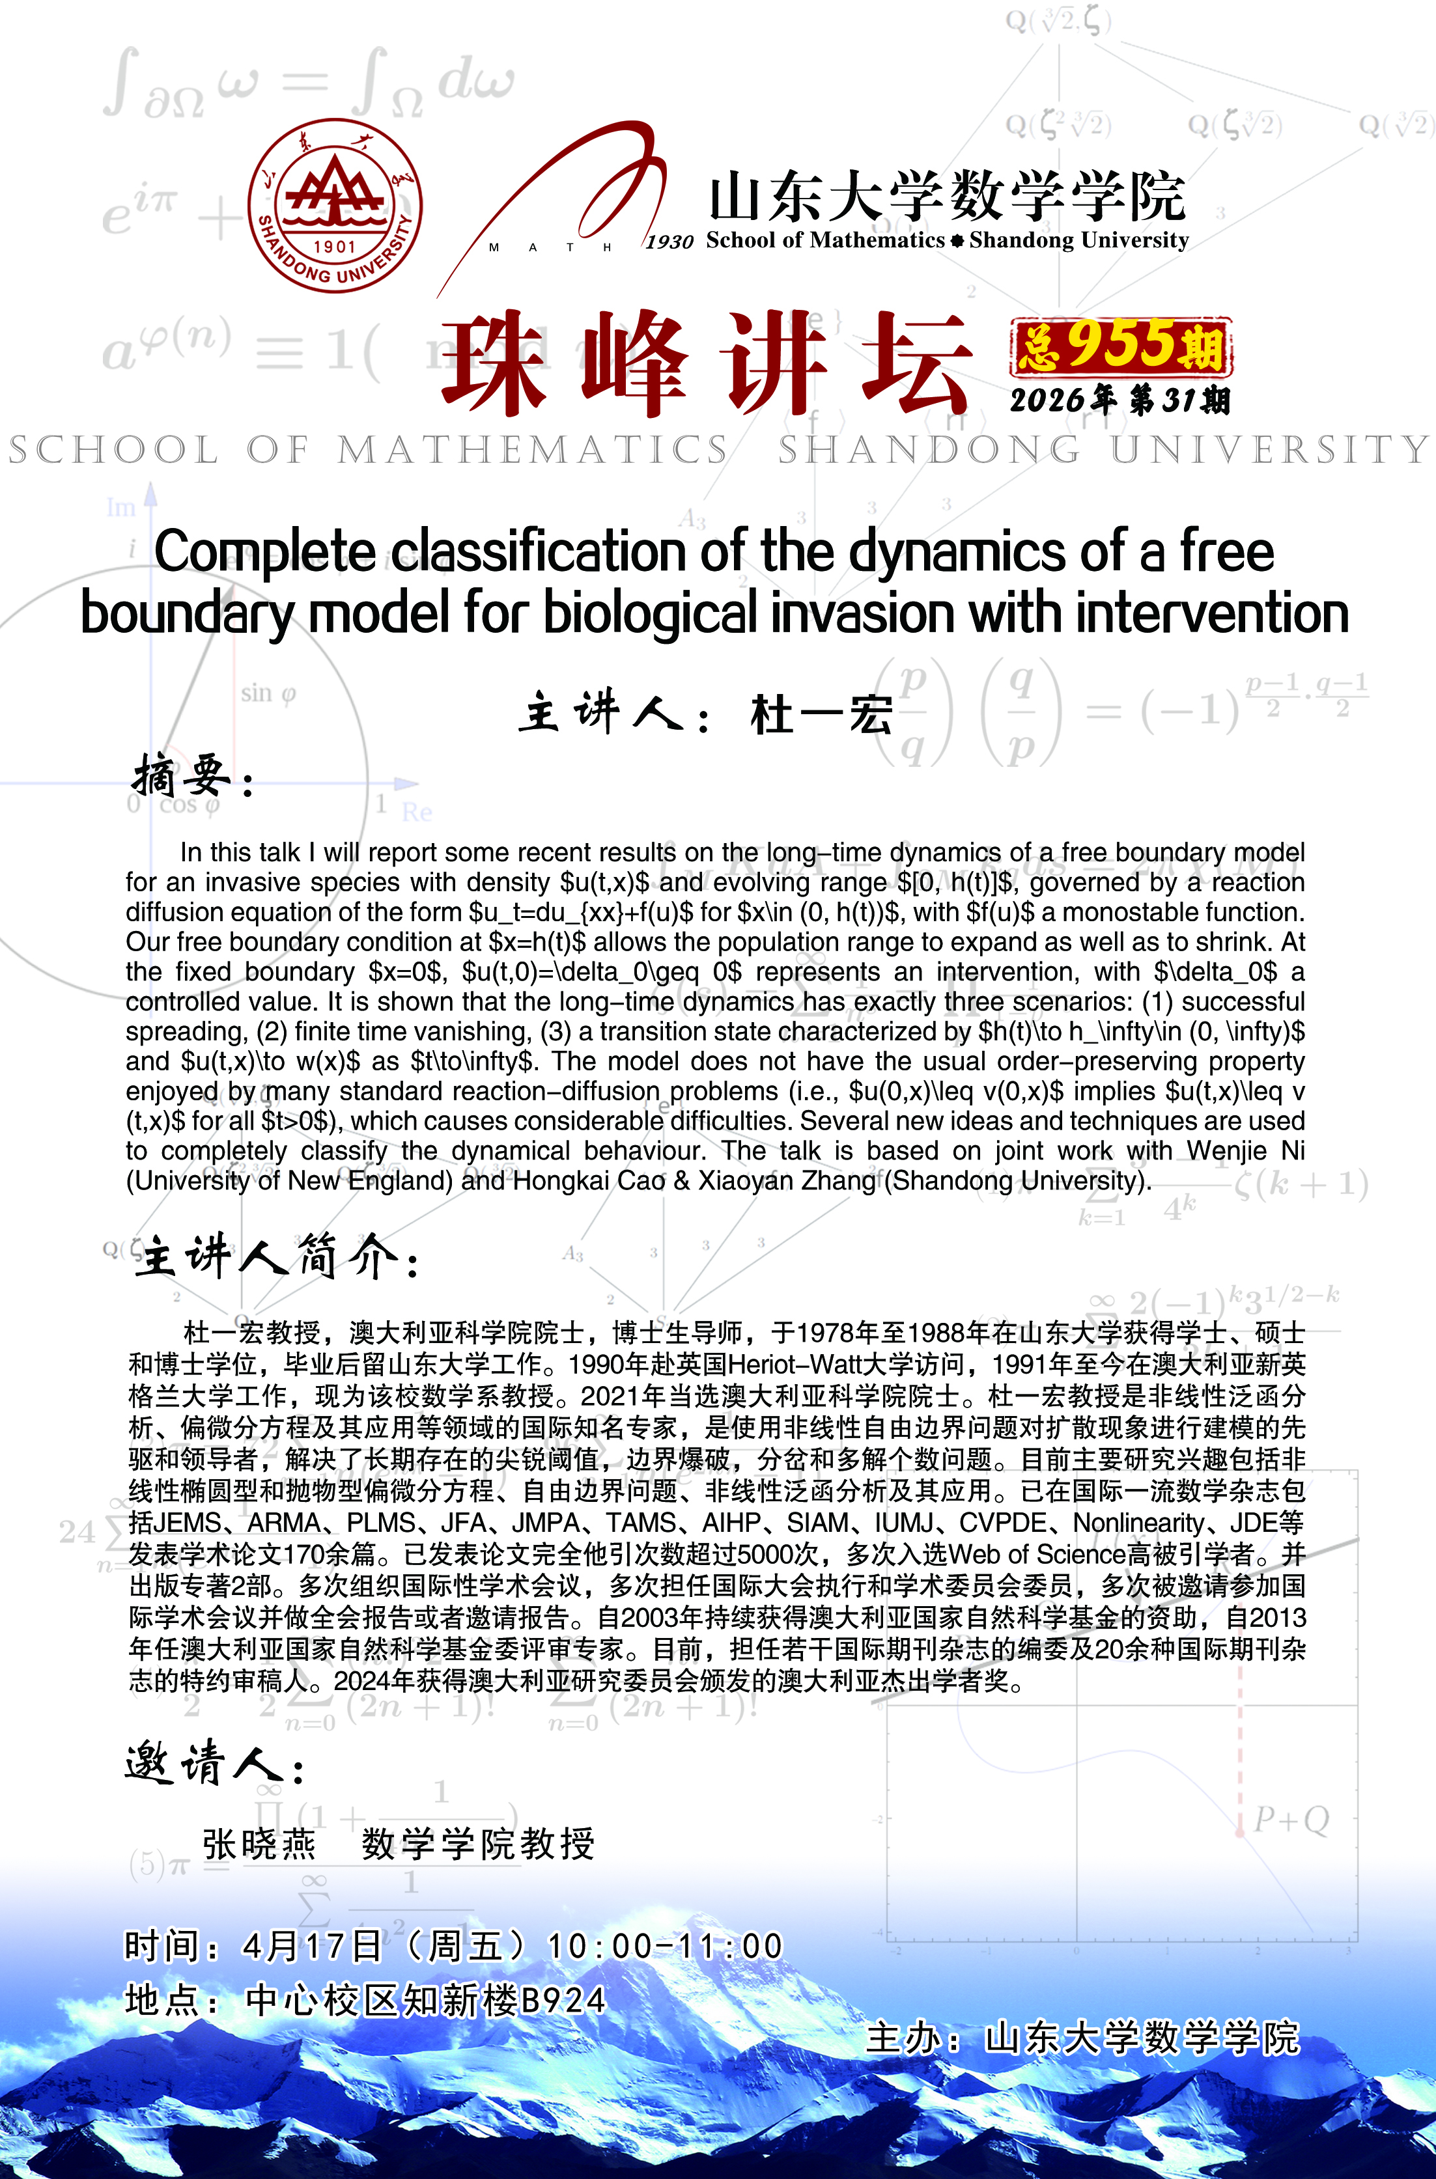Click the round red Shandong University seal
click(x=335, y=206)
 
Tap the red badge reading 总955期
click(x=1121, y=347)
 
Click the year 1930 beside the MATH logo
click(x=669, y=242)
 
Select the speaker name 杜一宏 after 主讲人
click(x=821, y=714)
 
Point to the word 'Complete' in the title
click(x=264, y=552)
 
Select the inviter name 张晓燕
click(x=259, y=1844)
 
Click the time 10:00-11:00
click(x=665, y=1945)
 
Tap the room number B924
click(x=563, y=2001)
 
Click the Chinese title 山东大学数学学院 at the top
click(x=947, y=196)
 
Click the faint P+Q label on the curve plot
click(x=1291, y=1819)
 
